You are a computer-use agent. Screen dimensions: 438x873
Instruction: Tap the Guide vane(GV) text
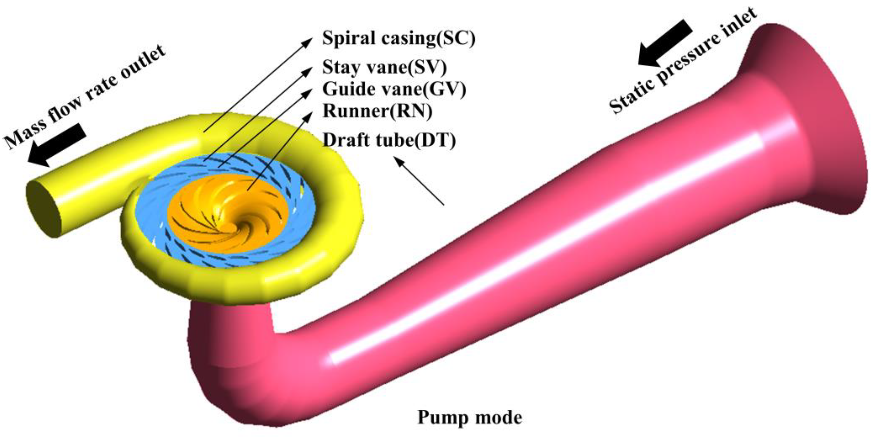pyautogui.click(x=394, y=89)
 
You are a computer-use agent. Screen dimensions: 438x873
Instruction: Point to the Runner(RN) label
pyautogui.click(x=377, y=111)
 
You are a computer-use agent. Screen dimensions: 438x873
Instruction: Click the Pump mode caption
pyautogui.click(x=469, y=417)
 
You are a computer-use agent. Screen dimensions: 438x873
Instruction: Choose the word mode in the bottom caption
pyautogui.click(x=498, y=417)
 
